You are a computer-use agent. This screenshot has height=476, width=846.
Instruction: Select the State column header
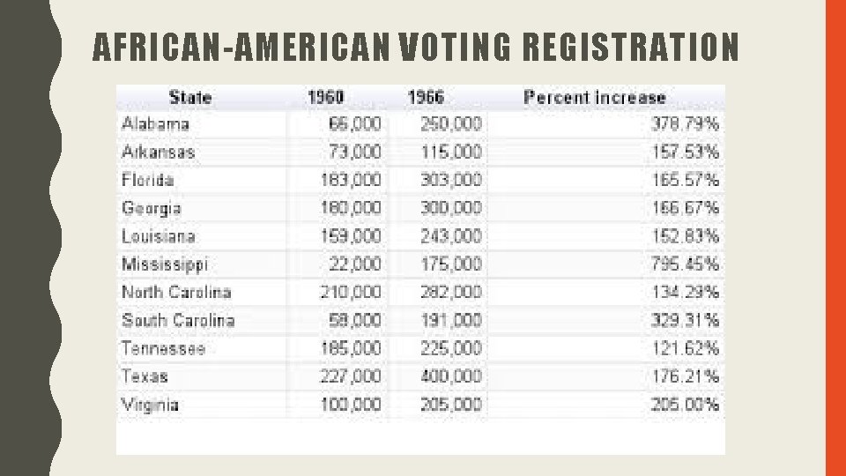click(x=190, y=97)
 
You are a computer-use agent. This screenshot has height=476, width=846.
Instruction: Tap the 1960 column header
click(x=325, y=97)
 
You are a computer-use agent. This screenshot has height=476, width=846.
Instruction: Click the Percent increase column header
click(x=595, y=98)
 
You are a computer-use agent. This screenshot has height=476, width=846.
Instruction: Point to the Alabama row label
click(x=155, y=124)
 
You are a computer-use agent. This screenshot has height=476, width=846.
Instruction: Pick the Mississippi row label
click(x=165, y=264)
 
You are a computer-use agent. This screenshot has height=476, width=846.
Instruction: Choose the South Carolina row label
click(x=178, y=320)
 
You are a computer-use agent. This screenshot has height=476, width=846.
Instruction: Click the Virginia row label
click(x=150, y=405)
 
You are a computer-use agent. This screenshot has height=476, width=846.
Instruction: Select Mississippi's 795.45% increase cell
click(x=686, y=264)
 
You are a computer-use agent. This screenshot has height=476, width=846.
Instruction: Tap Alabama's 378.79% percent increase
click(x=686, y=124)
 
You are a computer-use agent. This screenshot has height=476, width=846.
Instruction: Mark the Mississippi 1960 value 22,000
click(x=355, y=264)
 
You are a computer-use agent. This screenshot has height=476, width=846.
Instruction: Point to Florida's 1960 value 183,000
click(x=351, y=180)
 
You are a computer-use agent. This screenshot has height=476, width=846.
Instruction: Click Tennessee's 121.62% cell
click(x=686, y=348)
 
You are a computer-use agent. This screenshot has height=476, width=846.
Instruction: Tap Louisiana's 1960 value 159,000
click(x=351, y=236)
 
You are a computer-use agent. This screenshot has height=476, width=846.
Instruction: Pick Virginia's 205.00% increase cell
click(x=686, y=405)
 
